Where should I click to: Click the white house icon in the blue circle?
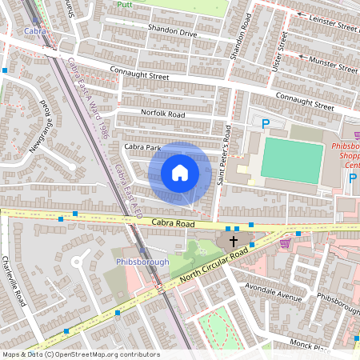pos(180,172)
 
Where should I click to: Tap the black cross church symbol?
pos(234,241)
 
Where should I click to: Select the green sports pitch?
pos(292,160)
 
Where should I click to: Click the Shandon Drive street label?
pos(172,34)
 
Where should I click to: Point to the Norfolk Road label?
pos(162,114)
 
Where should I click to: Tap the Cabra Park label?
pos(142,147)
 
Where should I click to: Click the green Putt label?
pos(123,4)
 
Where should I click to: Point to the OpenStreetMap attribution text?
pos(80,354)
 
